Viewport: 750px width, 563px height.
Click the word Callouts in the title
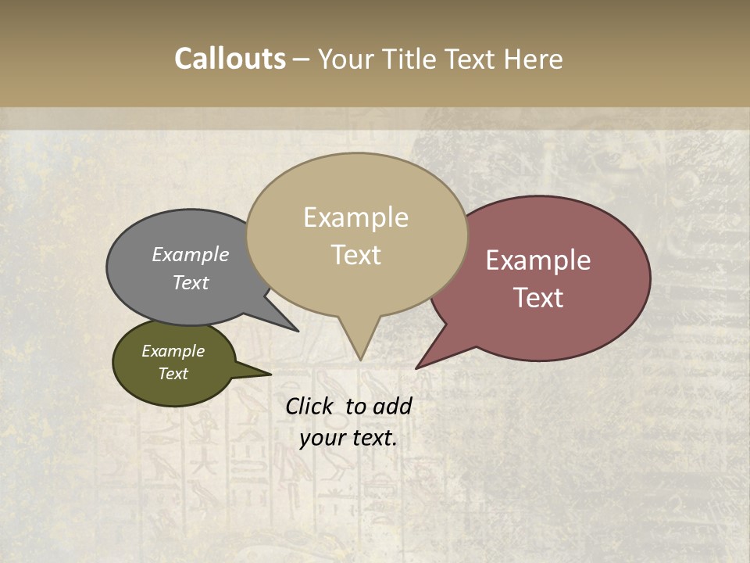(x=230, y=59)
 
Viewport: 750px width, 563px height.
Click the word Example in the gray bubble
(x=191, y=255)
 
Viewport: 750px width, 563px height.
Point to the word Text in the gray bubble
(x=191, y=282)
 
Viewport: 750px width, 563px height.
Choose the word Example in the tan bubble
(x=355, y=217)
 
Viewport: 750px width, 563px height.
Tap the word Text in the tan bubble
(x=355, y=255)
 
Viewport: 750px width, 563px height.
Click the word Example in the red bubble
(x=538, y=260)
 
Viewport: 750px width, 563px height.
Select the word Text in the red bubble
(x=538, y=298)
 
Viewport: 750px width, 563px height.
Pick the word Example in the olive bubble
(x=173, y=351)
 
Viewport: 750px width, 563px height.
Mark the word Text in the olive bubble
(x=173, y=374)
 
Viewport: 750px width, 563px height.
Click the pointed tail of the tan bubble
(x=360, y=348)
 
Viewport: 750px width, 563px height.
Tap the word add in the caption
(x=392, y=406)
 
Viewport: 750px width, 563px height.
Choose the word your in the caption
(x=322, y=438)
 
